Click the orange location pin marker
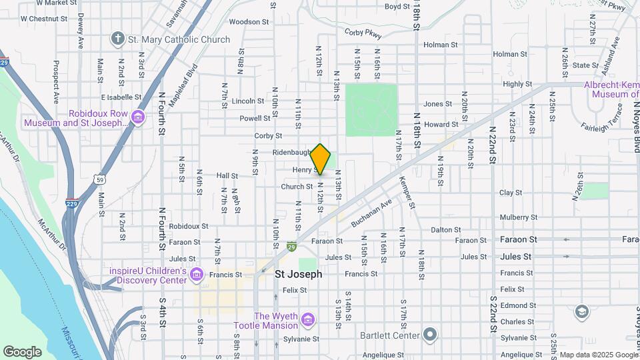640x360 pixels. pyautogui.click(x=321, y=159)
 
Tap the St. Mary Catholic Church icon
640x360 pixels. pyautogui.click(x=118, y=39)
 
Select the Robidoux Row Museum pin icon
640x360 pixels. pyautogui.click(x=138, y=118)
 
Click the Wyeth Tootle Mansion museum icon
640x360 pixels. pyautogui.click(x=307, y=321)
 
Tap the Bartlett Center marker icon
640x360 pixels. pyautogui.click(x=431, y=335)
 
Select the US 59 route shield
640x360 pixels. pyautogui.click(x=99, y=179)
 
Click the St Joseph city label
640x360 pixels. pyautogui.click(x=299, y=274)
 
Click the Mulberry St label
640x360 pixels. pyautogui.click(x=518, y=217)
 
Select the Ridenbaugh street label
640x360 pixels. pyautogui.click(x=292, y=152)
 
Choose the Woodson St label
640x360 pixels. pyautogui.click(x=248, y=21)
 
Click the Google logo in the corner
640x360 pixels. pyautogui.click(x=22, y=351)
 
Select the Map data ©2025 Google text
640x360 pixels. pyautogui.click(x=598, y=355)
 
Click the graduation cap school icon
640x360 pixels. pyautogui.click(x=582, y=311)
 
